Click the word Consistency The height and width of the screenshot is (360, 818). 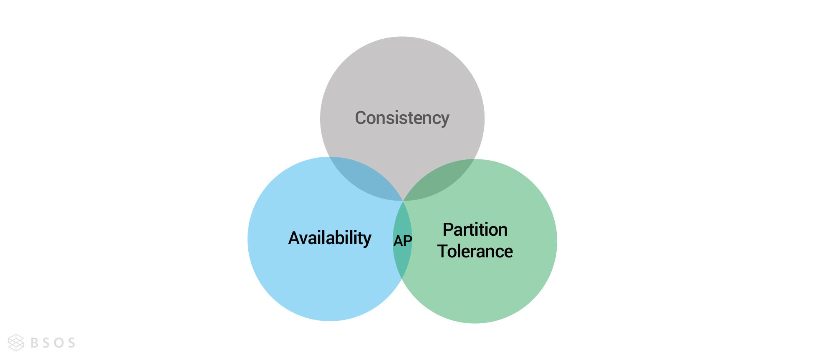402,118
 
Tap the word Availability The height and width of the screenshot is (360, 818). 330,238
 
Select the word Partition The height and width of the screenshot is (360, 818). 475,230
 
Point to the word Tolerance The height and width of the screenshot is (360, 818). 475,252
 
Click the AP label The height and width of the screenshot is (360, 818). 403,241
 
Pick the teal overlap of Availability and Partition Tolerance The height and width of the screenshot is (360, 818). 403,259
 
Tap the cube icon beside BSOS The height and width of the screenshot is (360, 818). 16,342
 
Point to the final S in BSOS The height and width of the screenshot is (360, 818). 71,343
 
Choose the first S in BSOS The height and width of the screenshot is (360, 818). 47,343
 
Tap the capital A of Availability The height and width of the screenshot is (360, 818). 294,238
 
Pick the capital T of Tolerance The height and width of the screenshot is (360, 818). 443,252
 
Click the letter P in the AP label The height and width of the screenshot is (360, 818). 408,241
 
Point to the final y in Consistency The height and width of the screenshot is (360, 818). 445,120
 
